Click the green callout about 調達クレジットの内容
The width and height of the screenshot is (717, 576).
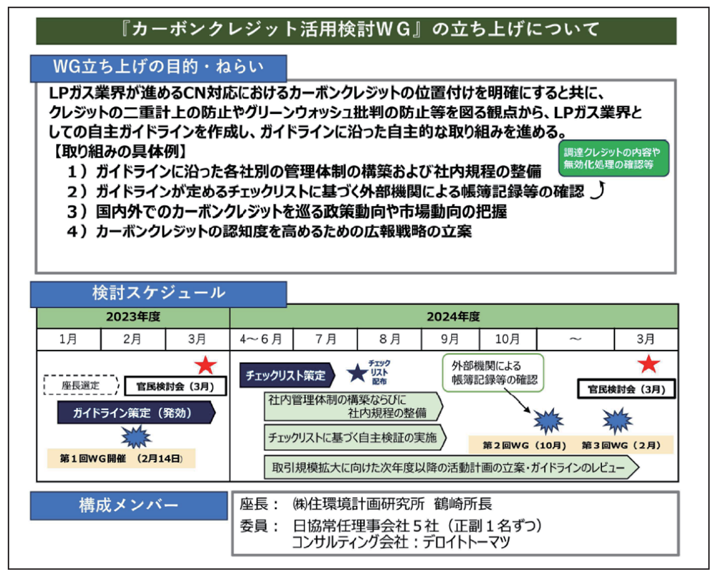coord(613,158)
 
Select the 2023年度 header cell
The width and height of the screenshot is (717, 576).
coord(133,317)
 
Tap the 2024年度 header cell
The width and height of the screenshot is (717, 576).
coord(453,317)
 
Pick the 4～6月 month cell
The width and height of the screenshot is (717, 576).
coord(261,339)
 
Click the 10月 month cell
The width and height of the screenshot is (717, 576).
coord(507,339)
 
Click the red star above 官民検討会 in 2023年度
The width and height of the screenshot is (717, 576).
coord(205,365)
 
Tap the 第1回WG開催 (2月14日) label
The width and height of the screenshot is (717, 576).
coord(121,458)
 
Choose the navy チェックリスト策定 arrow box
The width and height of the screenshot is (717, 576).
coord(286,375)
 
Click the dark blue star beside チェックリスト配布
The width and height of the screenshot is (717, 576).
coord(357,373)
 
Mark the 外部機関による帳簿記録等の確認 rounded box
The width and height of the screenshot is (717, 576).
coord(493,373)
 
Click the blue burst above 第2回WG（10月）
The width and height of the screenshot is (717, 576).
coord(548,420)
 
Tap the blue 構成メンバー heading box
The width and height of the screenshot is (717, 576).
coord(129,505)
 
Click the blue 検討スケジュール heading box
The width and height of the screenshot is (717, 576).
coord(158,293)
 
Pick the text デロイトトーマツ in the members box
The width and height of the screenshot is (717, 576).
coord(466,542)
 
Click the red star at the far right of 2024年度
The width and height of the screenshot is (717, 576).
coord(648,364)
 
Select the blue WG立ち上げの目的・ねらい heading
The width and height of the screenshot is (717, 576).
coord(158,67)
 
